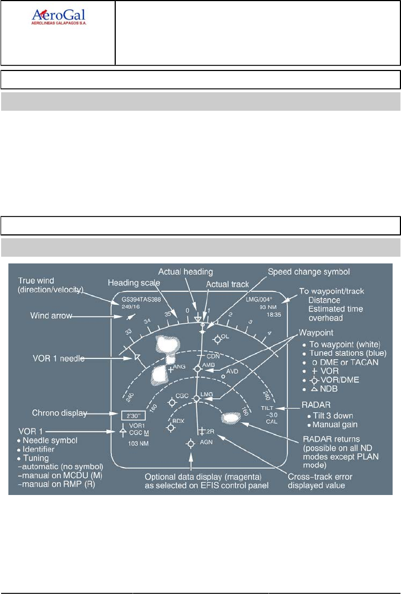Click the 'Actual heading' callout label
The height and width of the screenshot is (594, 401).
tap(185, 272)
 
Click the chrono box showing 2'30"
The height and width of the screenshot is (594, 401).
tap(133, 415)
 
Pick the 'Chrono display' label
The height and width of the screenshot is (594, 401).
tap(60, 413)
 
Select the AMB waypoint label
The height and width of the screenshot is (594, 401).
tap(209, 365)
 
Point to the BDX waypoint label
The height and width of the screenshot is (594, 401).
tap(178, 421)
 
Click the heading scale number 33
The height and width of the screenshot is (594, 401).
tap(128, 333)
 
